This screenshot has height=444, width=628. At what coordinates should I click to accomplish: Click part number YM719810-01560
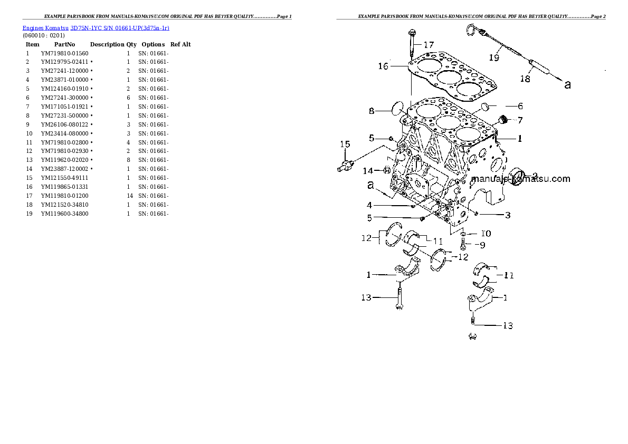click(64, 53)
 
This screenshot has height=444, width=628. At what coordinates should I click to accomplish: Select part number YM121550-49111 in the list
click(64, 178)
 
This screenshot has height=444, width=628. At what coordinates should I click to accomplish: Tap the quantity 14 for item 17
click(130, 196)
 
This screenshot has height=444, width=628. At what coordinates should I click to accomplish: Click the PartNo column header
click(64, 44)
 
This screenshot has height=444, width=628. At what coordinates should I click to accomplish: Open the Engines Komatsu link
click(45, 28)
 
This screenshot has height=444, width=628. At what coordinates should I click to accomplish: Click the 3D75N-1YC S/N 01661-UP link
click(120, 28)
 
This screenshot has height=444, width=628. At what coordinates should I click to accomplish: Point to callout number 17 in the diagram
click(429, 45)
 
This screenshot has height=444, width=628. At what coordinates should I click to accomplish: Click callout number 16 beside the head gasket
click(383, 66)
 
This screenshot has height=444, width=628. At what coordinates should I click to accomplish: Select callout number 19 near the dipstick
click(494, 57)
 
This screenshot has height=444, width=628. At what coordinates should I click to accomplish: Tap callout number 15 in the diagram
click(345, 144)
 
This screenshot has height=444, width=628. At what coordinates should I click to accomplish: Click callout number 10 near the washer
click(486, 234)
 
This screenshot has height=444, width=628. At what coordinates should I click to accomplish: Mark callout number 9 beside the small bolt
click(482, 245)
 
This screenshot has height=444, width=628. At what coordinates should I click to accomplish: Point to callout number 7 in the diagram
click(520, 120)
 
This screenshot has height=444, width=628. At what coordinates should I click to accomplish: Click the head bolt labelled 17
click(412, 45)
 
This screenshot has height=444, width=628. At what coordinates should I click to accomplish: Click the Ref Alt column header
click(180, 44)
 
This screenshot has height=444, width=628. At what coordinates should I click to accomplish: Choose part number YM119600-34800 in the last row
click(64, 214)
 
